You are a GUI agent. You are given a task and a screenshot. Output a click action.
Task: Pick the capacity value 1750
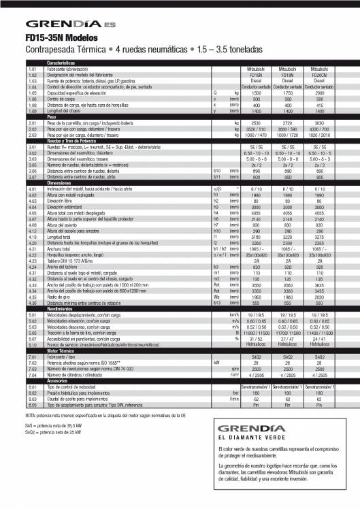(289, 92)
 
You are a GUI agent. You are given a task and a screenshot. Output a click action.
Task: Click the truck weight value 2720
(289, 122)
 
